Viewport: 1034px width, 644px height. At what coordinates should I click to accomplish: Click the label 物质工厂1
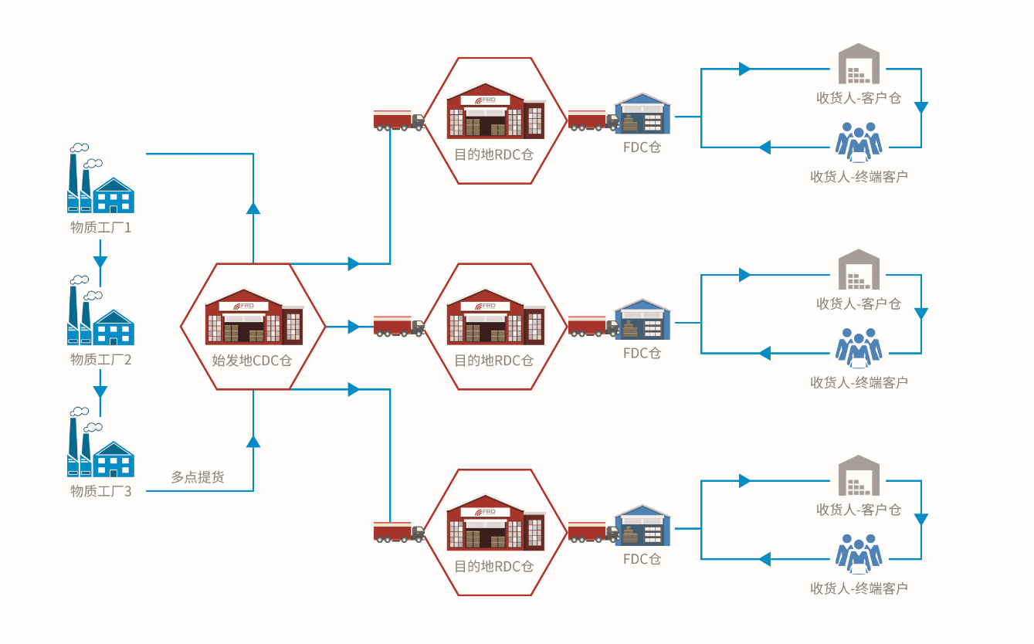point(100,228)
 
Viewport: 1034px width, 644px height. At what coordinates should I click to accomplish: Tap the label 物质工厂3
point(100,491)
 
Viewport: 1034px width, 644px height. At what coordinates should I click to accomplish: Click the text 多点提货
point(198,477)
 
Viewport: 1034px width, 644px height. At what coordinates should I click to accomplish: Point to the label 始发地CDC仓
point(253,361)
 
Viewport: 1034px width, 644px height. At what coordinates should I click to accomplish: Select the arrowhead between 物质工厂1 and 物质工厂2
point(100,261)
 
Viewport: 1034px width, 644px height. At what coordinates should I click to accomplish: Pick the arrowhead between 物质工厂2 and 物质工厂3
point(100,391)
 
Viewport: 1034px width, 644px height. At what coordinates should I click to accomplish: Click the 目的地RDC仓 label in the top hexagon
point(494,154)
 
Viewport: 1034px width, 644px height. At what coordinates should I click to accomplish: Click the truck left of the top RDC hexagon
point(398,120)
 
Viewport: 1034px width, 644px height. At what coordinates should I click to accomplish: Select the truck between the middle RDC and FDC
point(593,326)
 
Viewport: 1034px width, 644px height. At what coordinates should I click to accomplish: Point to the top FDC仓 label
point(642,147)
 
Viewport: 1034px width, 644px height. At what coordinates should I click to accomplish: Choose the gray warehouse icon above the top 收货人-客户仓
point(859,64)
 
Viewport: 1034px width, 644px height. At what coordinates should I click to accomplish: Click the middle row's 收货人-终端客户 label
point(859,382)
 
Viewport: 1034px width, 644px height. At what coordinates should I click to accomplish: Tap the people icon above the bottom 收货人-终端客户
point(859,554)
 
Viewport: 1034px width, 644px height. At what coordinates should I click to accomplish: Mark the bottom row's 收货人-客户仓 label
point(859,510)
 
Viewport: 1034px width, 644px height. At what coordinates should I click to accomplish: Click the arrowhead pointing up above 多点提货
point(253,441)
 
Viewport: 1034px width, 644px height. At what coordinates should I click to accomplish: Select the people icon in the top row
point(859,142)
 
